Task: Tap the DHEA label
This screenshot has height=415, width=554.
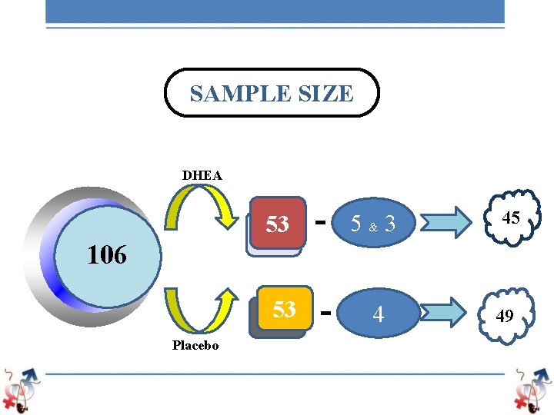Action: [202, 175]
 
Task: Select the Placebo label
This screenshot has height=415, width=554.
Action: [195, 346]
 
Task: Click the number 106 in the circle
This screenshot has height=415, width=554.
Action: [106, 255]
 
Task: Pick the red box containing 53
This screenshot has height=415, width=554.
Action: [277, 224]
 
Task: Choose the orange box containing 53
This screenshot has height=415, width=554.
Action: [284, 310]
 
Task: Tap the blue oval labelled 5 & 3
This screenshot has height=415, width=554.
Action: [373, 224]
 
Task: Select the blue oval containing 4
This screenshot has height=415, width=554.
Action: [378, 314]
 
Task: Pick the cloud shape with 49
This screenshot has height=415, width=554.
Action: [505, 315]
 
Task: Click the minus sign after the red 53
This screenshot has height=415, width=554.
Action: [320, 220]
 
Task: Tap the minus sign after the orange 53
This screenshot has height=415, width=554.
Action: [325, 312]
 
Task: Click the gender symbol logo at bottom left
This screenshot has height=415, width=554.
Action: [20, 389]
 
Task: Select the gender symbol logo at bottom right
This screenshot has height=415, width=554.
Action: [533, 389]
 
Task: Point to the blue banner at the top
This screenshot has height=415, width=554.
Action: [275, 11]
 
